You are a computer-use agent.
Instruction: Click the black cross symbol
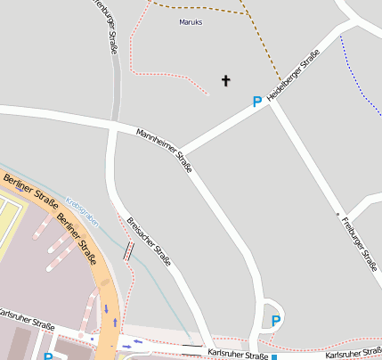click(x=225, y=81)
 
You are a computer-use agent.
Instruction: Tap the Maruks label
click(x=191, y=21)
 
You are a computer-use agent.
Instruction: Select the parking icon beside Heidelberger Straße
click(x=257, y=102)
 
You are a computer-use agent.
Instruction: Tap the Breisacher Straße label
click(x=149, y=241)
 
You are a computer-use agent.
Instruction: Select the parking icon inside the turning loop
click(x=276, y=321)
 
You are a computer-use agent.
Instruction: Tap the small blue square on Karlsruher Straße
click(x=274, y=356)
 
